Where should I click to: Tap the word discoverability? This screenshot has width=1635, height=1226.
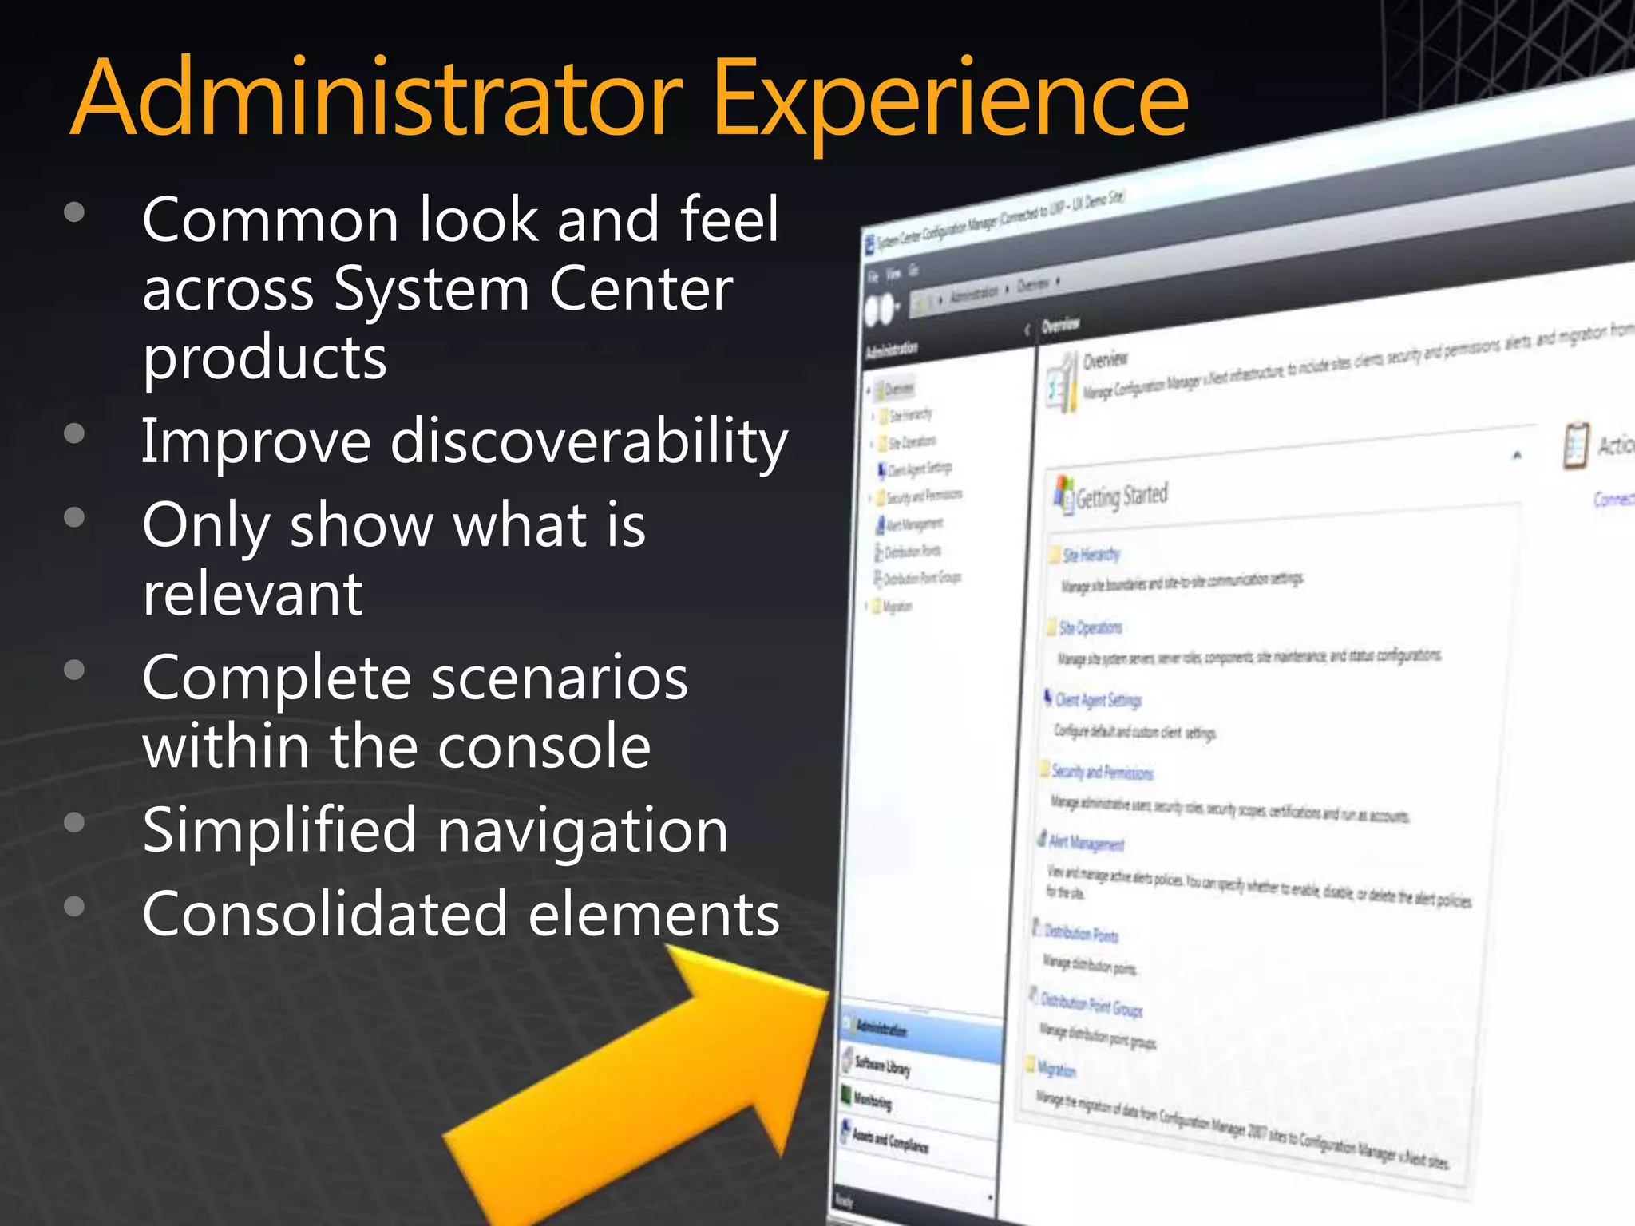point(588,441)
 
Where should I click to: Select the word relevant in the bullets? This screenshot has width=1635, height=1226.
point(252,595)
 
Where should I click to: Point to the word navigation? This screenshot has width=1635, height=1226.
point(583,830)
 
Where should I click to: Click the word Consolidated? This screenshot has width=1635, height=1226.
point(324,915)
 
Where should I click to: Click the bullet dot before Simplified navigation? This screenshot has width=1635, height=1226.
point(74,823)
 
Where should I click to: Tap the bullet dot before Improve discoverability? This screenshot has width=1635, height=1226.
point(74,433)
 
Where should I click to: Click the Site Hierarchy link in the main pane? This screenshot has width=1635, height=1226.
point(1091,555)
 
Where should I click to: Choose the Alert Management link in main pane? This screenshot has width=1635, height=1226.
point(1086,843)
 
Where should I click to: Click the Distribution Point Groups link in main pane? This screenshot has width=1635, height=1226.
point(1091,1006)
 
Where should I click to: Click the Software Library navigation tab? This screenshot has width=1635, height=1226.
point(882,1065)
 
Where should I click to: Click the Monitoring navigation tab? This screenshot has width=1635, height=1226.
point(873,1101)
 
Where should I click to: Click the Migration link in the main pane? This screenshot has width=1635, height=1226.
point(1055,1069)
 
